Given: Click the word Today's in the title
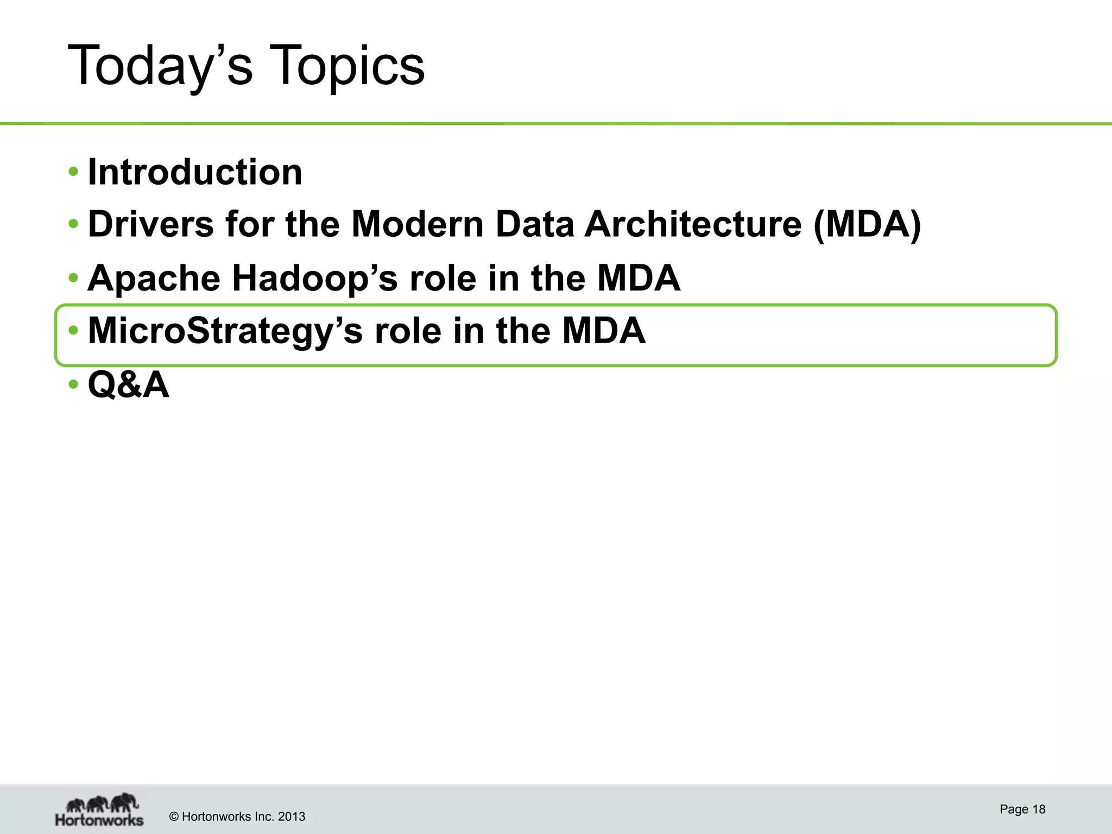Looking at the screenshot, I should (160, 66).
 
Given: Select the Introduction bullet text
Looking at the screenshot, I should (195, 172).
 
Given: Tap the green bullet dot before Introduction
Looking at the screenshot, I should (73, 173).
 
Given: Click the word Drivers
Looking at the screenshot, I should (151, 224).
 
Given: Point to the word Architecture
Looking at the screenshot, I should (693, 224).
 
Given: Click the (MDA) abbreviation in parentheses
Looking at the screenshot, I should (867, 224).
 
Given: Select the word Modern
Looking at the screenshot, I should (417, 224).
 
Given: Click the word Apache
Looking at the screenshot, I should (154, 278).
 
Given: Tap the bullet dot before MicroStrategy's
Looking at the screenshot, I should (73, 331).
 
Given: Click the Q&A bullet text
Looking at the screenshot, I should (128, 384).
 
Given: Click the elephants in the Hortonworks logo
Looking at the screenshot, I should (102, 803).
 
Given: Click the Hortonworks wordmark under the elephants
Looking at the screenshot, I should (99, 820).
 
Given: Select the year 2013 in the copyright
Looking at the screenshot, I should (292, 817).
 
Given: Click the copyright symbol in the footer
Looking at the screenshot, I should (174, 817).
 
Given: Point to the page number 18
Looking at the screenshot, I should (1039, 810).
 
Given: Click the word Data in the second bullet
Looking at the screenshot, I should (535, 224).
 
